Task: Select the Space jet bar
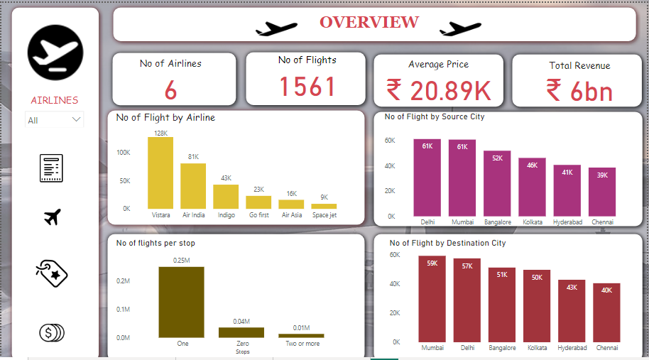tap(324, 206)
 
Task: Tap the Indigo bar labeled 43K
tap(226, 196)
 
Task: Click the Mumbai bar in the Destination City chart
tap(432, 299)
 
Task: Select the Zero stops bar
tap(241, 332)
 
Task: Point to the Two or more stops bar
tap(301, 336)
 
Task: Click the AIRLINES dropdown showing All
tap(55, 120)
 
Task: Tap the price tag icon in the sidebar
tap(52, 273)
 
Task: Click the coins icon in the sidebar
tap(52, 332)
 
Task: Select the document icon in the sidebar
tap(51, 168)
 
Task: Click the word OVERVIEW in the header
tap(369, 22)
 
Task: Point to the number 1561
tap(307, 87)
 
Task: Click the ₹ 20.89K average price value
tap(438, 90)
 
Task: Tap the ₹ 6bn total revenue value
tap(579, 91)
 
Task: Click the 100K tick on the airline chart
tap(124, 153)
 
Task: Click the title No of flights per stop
tap(156, 243)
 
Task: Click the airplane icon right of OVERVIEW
tap(460, 28)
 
